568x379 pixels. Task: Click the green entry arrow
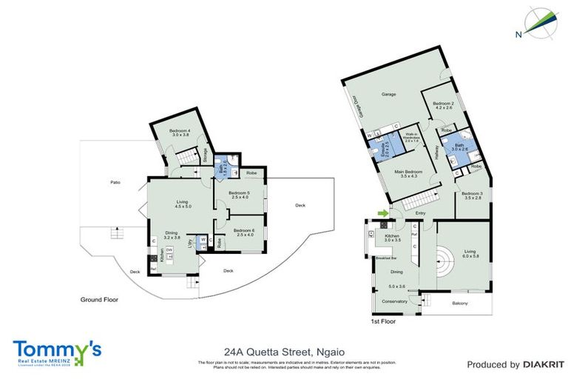click(382, 215)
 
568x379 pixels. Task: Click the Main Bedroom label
click(408, 172)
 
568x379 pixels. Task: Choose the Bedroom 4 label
click(170, 131)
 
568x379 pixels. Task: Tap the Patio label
click(115, 181)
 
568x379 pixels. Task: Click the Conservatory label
click(394, 302)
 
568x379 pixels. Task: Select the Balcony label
click(459, 303)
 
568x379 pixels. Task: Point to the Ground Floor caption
click(99, 300)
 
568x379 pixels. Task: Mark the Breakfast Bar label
click(384, 258)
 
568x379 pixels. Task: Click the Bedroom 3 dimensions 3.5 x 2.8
click(473, 199)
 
